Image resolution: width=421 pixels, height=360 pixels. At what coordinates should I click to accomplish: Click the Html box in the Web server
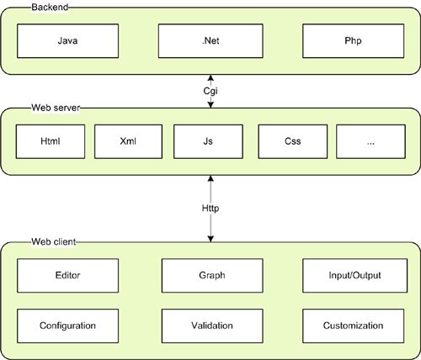(50, 142)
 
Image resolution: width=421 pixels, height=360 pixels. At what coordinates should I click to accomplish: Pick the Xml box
(128, 142)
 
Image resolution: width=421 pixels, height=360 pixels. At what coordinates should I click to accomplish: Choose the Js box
(208, 142)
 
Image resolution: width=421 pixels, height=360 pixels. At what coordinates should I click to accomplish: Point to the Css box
(291, 142)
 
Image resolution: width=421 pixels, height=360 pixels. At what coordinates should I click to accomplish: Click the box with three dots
(370, 142)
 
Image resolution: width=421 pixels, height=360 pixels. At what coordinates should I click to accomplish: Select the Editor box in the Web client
(67, 274)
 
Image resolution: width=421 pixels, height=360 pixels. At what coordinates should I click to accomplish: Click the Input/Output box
(354, 274)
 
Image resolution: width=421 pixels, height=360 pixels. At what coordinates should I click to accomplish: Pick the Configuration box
(67, 325)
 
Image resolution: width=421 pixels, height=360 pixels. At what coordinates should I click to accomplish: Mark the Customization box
(354, 325)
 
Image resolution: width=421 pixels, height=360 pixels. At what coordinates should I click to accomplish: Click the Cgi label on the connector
(210, 89)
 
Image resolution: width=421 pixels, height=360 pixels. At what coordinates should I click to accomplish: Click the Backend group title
(27, 6)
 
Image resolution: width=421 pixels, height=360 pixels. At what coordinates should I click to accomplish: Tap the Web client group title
(31, 242)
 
